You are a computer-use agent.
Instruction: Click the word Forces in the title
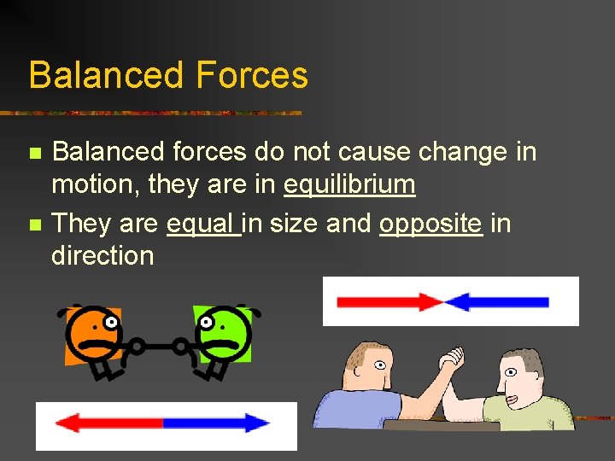[x=251, y=75]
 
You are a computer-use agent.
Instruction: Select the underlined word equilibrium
[x=349, y=184]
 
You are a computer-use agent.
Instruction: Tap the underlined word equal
[x=202, y=223]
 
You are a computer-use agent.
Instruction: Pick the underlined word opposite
[x=430, y=224]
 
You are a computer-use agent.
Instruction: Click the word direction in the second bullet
[x=102, y=255]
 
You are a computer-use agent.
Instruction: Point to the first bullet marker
[x=34, y=154]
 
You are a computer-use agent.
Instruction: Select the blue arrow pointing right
[x=217, y=423]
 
